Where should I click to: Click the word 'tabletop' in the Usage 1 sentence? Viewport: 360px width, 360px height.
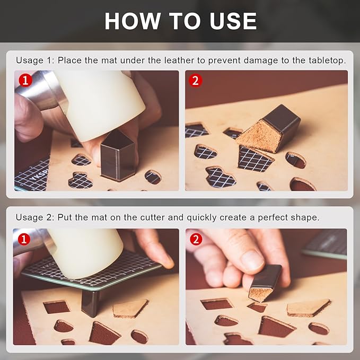(324, 60)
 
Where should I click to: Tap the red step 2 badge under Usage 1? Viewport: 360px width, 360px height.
(196, 80)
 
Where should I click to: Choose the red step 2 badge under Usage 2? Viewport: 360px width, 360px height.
(196, 239)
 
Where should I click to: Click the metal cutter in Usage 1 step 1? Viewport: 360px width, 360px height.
(117, 155)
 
